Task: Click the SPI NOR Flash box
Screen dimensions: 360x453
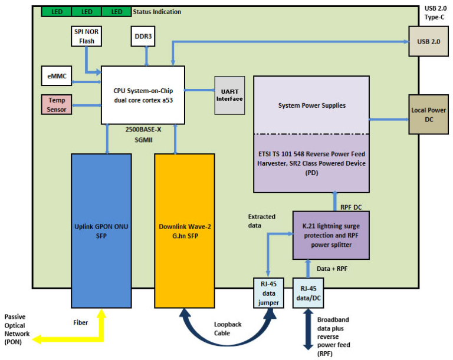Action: pyautogui.click(x=86, y=37)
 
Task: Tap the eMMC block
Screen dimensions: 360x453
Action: pyautogui.click(x=57, y=76)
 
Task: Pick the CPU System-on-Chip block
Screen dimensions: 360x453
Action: pyautogui.click(x=142, y=94)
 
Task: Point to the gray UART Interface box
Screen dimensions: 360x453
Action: pyautogui.click(x=229, y=95)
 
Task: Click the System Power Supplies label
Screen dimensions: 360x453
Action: pyautogui.click(x=311, y=105)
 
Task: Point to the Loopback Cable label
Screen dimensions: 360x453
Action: pyautogui.click(x=226, y=328)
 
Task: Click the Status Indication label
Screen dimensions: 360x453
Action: pyautogui.click(x=157, y=12)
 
